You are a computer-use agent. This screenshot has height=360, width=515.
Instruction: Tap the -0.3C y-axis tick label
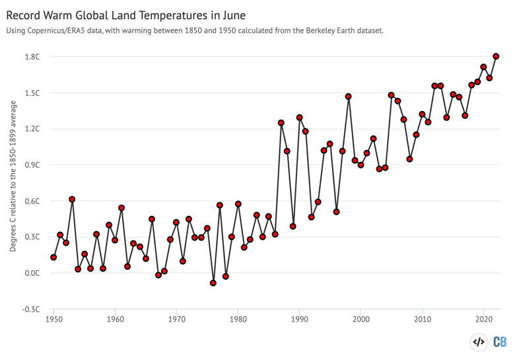(31, 309)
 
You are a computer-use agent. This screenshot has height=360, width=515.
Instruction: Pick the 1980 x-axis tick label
(238, 320)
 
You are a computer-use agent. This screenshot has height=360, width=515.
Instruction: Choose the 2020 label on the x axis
(483, 320)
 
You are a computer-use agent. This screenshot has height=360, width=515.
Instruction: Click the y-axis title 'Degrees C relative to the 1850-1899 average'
(13, 176)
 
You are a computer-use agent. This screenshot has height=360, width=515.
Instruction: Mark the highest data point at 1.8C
(496, 56)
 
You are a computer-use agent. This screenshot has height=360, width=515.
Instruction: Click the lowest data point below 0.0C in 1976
(213, 283)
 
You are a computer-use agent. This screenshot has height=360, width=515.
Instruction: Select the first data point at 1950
(53, 257)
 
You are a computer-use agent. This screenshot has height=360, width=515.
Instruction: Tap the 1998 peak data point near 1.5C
(349, 96)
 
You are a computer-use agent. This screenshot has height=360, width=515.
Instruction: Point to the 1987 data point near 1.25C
(281, 123)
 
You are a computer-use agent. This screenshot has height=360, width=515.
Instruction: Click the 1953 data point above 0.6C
(72, 199)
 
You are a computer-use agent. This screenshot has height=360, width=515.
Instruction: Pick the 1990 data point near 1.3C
(299, 118)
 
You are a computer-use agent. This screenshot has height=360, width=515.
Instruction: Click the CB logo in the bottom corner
(500, 342)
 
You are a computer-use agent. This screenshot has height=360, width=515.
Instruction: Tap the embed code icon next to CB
(478, 342)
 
